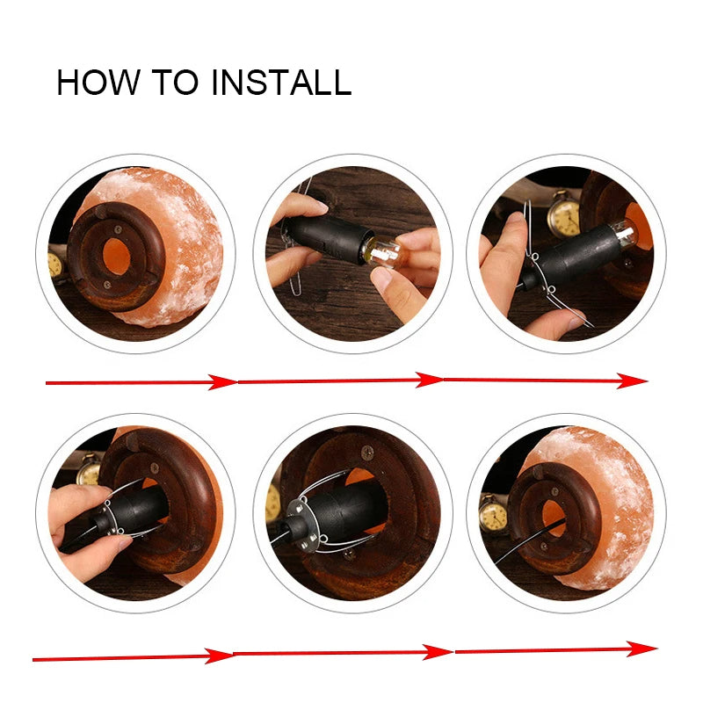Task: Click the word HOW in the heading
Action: pos(98,82)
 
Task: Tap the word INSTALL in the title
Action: pos(281,82)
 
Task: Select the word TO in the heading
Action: pos(175,82)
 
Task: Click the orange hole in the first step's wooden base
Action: pos(116,256)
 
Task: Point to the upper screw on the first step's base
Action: pos(118,229)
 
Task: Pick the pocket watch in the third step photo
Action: pos(563,214)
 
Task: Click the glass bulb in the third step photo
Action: pos(625,233)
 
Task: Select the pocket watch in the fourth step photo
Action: pos(89,469)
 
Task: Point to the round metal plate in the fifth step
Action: pos(301,525)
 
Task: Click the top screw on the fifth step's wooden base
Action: pos(367,453)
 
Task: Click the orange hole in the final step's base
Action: pos(554,518)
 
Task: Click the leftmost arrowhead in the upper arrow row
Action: pos(222,382)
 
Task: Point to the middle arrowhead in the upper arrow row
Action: pos(429,380)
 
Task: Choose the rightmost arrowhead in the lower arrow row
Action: pos(641,649)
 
